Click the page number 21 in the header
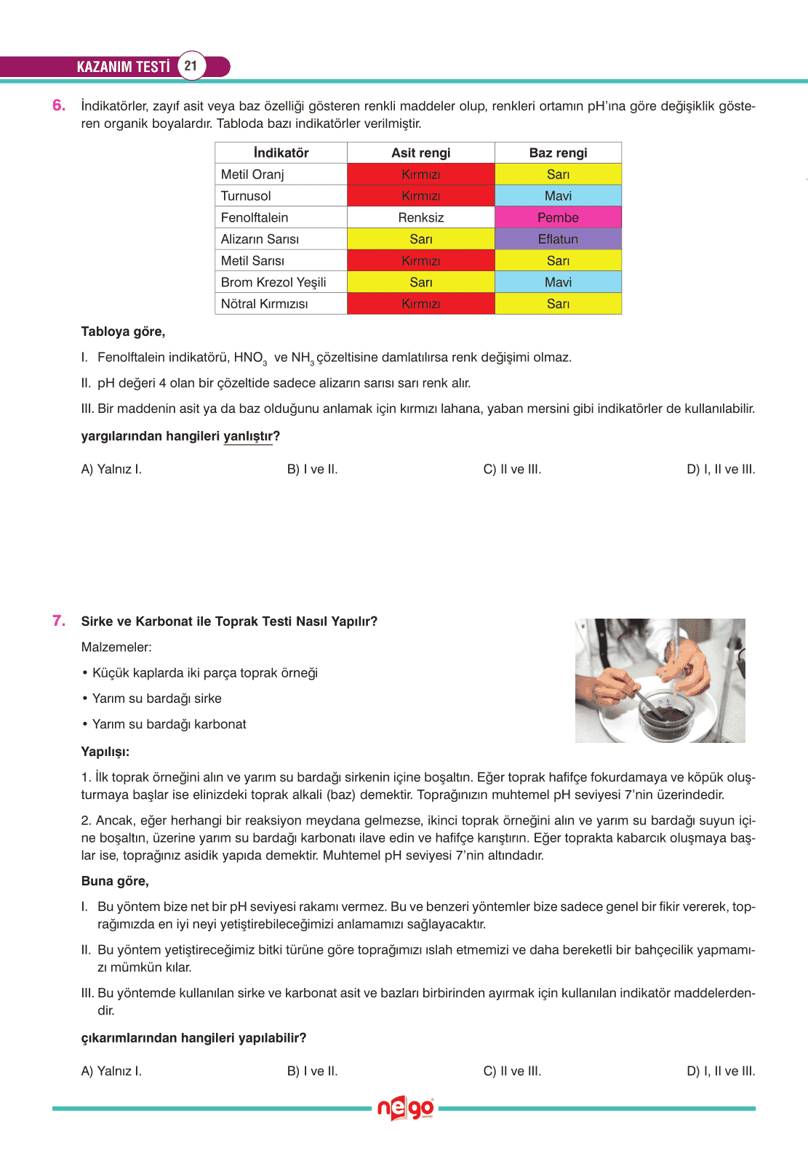(x=191, y=66)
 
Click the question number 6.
(x=59, y=105)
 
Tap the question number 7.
(x=59, y=621)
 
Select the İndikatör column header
(x=281, y=153)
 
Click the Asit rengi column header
(x=420, y=153)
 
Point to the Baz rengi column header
(x=558, y=153)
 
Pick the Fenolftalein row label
(x=255, y=217)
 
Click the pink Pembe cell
(x=558, y=217)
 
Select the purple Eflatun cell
(x=558, y=239)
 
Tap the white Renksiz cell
(x=420, y=217)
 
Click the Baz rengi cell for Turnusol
(x=558, y=196)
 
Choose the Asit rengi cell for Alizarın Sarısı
(x=420, y=239)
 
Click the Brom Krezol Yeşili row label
(x=273, y=282)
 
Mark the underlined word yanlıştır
(x=248, y=436)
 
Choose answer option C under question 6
(x=512, y=470)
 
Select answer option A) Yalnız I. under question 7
(x=111, y=1071)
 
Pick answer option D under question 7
(x=720, y=1071)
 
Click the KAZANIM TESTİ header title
(x=123, y=67)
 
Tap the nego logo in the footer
(x=405, y=1109)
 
